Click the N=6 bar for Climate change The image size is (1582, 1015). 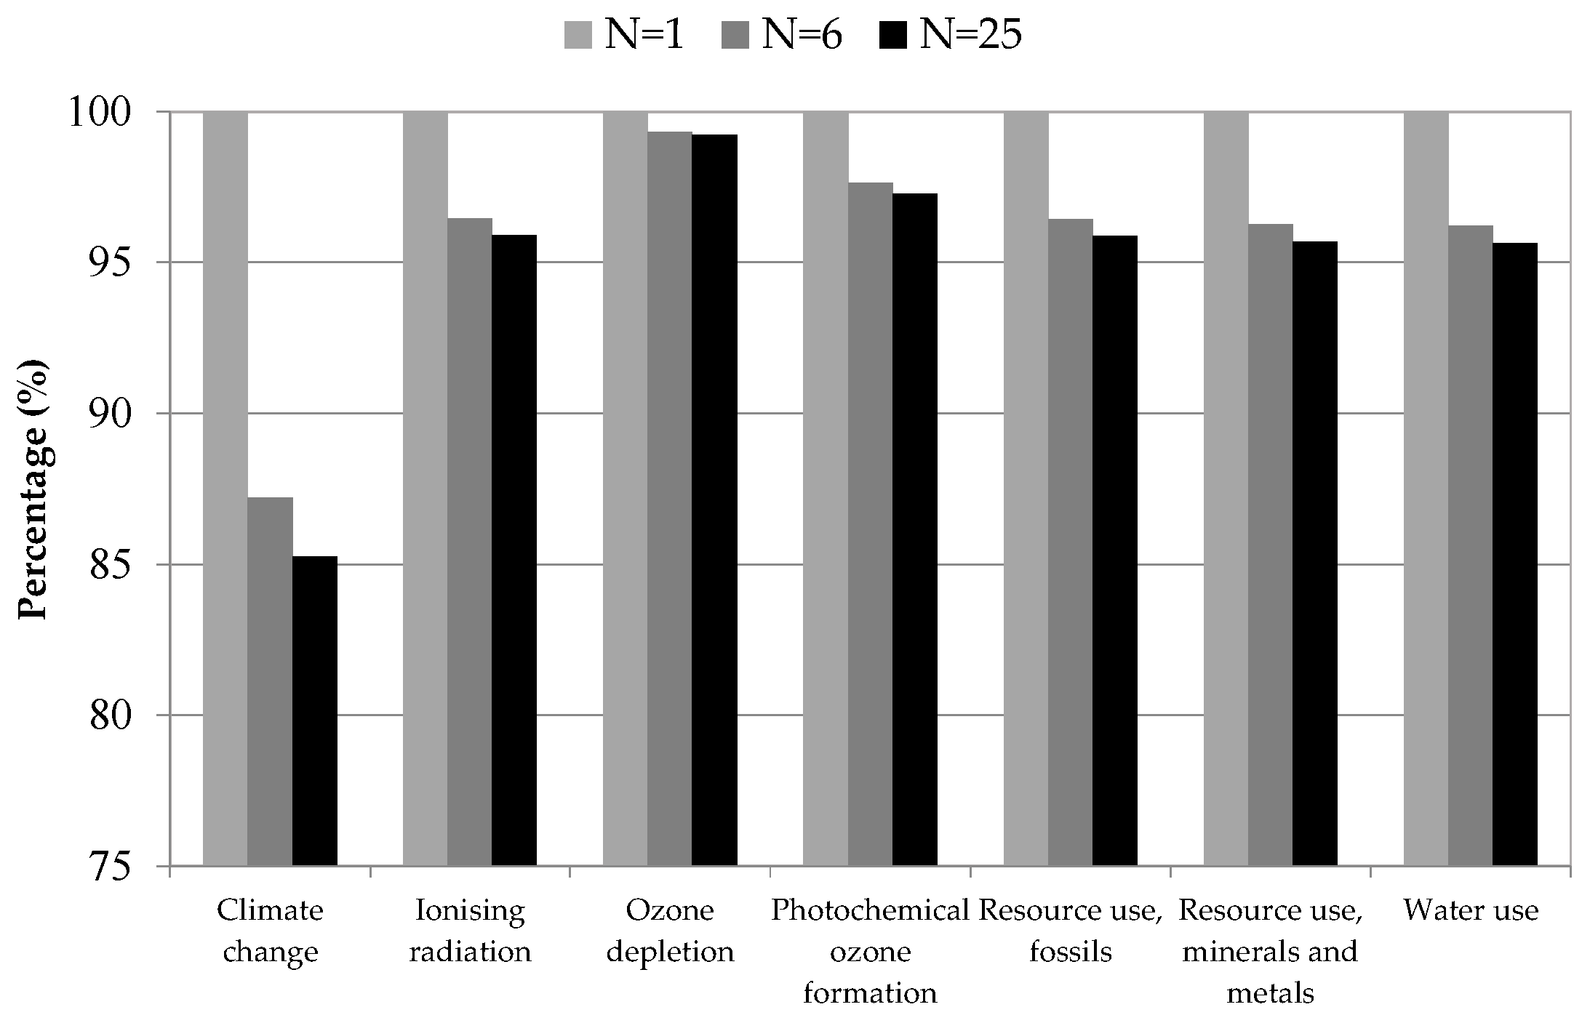point(270,681)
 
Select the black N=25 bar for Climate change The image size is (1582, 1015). point(315,711)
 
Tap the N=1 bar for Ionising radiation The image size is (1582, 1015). point(426,489)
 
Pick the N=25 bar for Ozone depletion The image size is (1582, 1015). point(714,500)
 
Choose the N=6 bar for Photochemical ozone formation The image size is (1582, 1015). point(871,524)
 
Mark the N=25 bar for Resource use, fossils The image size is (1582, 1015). point(1115,550)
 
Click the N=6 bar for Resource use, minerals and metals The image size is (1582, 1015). point(1271,545)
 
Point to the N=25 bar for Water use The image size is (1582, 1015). point(1515,554)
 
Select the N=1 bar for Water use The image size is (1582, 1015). point(1426,489)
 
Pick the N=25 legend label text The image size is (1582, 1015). point(971,34)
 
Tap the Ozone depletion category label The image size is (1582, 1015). point(671,931)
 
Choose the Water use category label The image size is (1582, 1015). point(1471,911)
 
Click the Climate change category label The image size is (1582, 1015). point(271,931)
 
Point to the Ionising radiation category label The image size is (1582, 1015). point(470,931)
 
